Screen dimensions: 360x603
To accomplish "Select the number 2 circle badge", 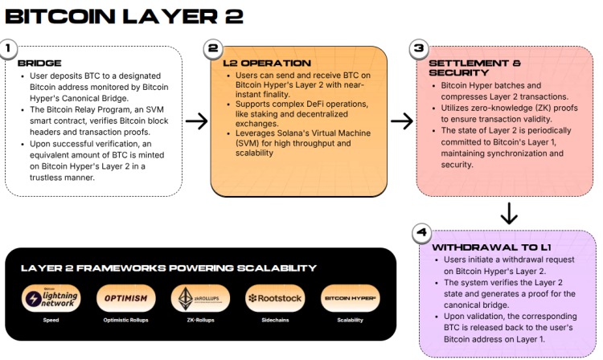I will click(213, 48).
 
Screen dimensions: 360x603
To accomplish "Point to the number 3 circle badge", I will click(418, 48).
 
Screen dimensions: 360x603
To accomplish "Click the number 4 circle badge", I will click(420, 233).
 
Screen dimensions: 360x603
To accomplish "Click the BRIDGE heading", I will click(39, 63).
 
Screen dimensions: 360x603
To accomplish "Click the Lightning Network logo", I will click(51, 298).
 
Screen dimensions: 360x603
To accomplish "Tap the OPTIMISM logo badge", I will click(125, 298).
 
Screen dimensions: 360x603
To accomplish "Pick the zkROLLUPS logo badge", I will click(201, 298).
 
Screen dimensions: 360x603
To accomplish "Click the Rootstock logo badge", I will click(276, 298).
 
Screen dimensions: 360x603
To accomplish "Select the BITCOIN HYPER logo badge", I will click(351, 298).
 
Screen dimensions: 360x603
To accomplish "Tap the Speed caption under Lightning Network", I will click(51, 319).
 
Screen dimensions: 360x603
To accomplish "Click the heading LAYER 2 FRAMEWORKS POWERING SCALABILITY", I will click(169, 268).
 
